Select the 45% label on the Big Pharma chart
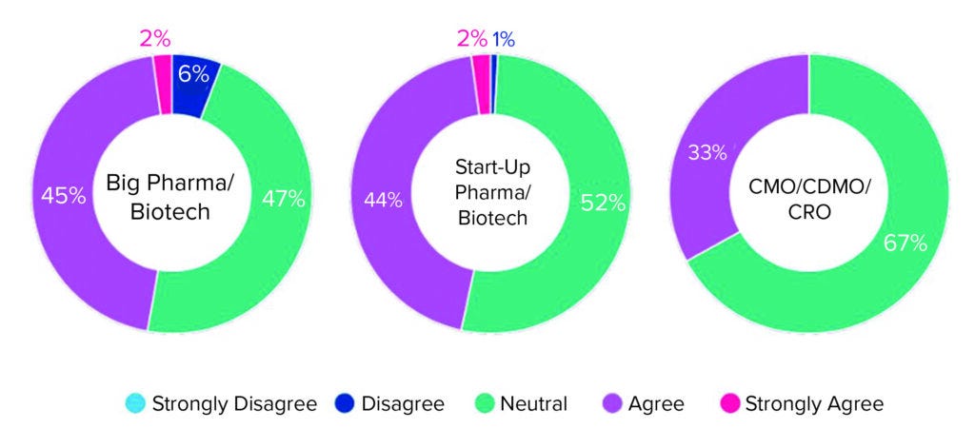[63, 197]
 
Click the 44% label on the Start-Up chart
[382, 200]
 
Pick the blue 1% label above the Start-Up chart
[504, 39]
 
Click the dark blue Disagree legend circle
[346, 404]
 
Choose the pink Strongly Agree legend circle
[728, 404]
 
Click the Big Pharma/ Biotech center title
[171, 196]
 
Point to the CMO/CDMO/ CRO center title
[808, 196]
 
